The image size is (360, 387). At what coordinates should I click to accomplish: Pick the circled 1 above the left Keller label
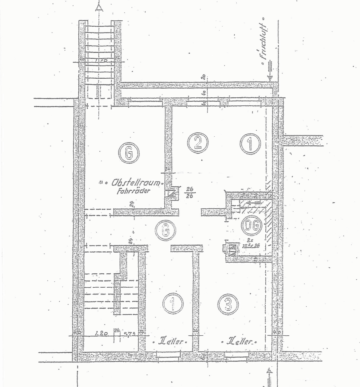pyautogui.click(x=173, y=304)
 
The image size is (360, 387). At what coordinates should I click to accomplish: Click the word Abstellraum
pyautogui.click(x=138, y=184)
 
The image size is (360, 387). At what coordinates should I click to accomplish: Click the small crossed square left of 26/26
pyautogui.click(x=173, y=194)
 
